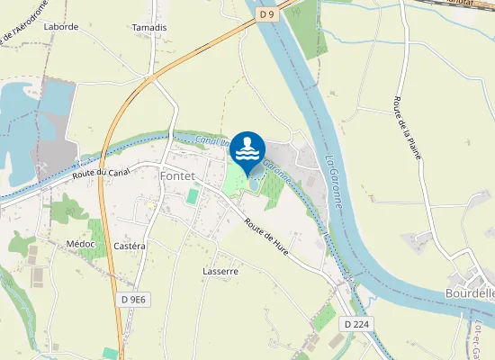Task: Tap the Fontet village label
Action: point(179,175)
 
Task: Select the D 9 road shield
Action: point(265,14)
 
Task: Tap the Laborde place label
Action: point(61,28)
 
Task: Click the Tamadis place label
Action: point(149,28)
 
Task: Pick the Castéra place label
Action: point(130,246)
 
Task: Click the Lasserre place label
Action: point(220,271)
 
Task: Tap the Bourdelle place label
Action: point(470,292)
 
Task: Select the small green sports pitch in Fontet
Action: point(192,195)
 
